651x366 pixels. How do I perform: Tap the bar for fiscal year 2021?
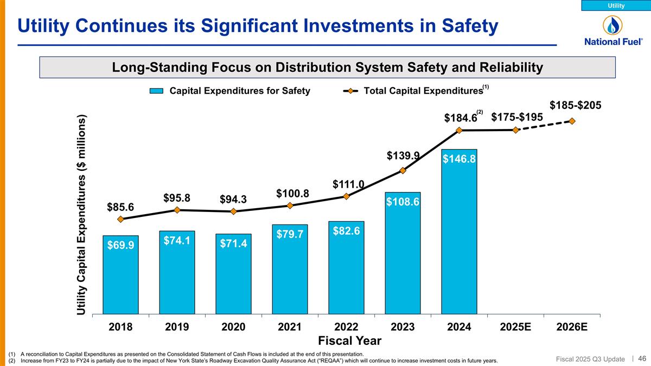pos(290,269)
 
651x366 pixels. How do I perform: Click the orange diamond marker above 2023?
pos(403,171)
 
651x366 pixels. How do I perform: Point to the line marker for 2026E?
pos(572,120)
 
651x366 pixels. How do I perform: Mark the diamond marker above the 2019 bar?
pos(177,210)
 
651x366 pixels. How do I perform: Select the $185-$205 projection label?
pos(575,105)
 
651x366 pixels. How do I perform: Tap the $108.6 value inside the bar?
pos(403,202)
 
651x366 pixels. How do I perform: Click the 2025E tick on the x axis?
pos(515,327)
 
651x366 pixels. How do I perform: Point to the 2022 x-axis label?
pos(346,327)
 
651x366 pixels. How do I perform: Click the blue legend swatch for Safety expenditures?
pos(157,91)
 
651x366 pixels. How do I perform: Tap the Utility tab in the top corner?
pos(616,5)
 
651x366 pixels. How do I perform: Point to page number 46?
pos(642,358)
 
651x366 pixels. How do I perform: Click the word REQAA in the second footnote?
pos(322,361)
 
